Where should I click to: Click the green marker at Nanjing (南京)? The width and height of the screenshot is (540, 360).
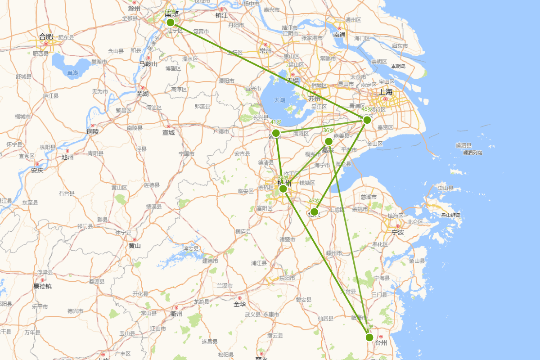170,22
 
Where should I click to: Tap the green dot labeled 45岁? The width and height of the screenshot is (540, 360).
367,120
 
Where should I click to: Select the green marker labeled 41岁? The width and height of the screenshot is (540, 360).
276,133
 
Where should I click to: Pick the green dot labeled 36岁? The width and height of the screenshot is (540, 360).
328,141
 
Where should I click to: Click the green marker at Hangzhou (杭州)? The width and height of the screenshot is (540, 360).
283,189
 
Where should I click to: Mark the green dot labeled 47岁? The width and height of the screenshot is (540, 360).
315,211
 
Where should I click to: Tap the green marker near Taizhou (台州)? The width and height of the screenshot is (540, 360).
369,337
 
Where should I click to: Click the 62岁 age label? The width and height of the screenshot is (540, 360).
171,12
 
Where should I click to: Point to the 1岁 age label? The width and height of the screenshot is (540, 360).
369,327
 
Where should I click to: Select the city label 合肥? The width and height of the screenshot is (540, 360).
46,36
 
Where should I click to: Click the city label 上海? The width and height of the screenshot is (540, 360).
386,92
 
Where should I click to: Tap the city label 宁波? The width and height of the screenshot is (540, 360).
398,233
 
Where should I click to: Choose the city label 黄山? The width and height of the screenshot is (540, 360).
134,246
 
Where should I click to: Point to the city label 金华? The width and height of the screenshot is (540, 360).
239,304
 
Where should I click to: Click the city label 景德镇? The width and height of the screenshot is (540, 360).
43,286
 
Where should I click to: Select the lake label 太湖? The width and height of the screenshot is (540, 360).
279,100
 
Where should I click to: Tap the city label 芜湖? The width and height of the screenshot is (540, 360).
143,94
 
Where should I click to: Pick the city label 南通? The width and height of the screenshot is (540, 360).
339,35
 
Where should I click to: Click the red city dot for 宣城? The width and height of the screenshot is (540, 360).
168,126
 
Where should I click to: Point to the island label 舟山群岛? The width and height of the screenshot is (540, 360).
451,215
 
